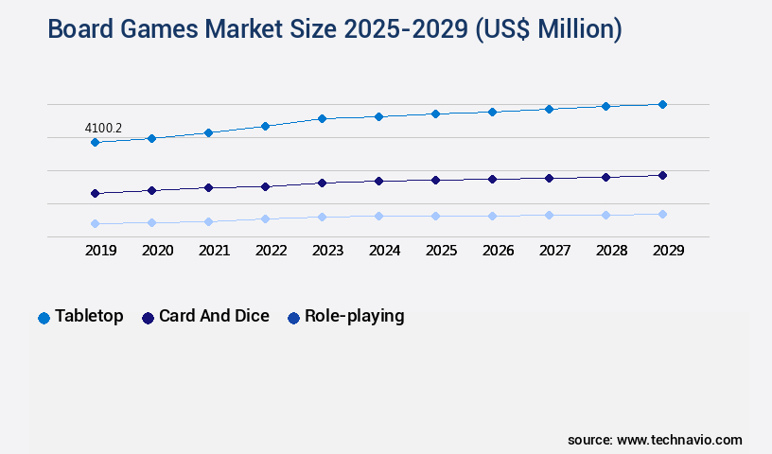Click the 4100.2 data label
[104, 128]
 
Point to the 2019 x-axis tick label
[101, 251]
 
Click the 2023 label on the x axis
[328, 251]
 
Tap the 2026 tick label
[499, 251]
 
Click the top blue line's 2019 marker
[95, 142]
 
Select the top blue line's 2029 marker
[662, 104]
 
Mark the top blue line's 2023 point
[322, 118]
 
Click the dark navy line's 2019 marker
[95, 193]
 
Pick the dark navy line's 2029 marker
[662, 175]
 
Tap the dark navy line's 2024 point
[378, 181]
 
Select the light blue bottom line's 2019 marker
[95, 224]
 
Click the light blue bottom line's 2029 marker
[662, 214]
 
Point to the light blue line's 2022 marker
[265, 218]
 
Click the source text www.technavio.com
[679, 440]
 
